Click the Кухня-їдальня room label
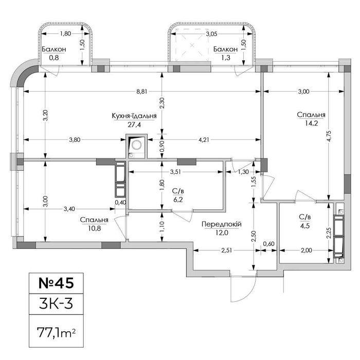134,116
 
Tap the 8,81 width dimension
141,92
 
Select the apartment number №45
56,283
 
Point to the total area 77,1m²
56,332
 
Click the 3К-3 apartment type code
56,303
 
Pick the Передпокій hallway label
222,224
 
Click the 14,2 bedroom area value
311,123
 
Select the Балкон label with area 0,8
54,49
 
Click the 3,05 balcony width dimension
211,34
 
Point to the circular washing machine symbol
137,145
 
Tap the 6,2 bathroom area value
178,200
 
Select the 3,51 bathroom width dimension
176,172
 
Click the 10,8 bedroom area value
94,228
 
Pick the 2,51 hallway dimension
226,250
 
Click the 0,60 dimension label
268,244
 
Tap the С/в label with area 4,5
304,217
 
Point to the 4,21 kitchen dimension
204,139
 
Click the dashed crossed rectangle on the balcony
192,45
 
